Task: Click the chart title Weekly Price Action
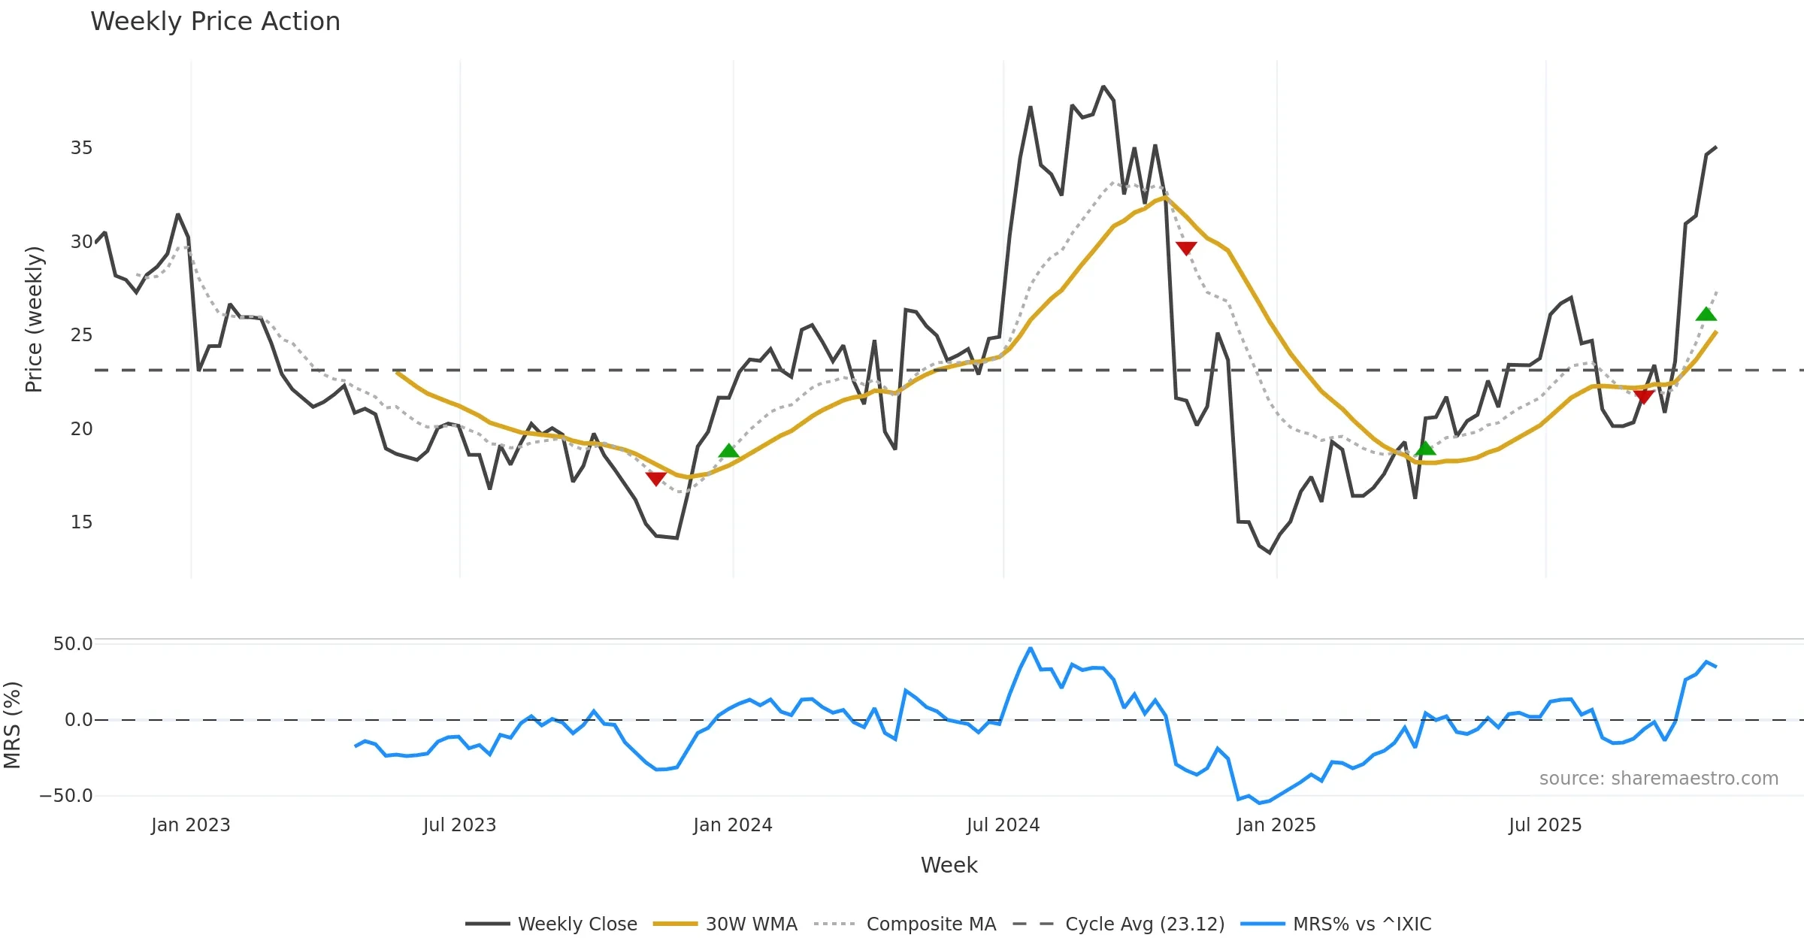click(215, 22)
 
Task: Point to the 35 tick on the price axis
click(82, 148)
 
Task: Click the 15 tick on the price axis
click(82, 522)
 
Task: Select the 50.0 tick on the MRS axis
click(73, 644)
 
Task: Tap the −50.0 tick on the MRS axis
click(67, 796)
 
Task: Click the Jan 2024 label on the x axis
click(732, 825)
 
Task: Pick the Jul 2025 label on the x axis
click(1545, 825)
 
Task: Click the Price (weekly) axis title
click(35, 319)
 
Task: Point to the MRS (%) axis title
click(13, 725)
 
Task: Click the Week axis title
click(949, 866)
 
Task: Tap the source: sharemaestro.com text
click(1658, 779)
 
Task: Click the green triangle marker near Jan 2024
click(728, 451)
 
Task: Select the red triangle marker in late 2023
click(655, 478)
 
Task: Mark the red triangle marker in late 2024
click(1186, 248)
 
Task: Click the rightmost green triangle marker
click(1706, 314)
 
